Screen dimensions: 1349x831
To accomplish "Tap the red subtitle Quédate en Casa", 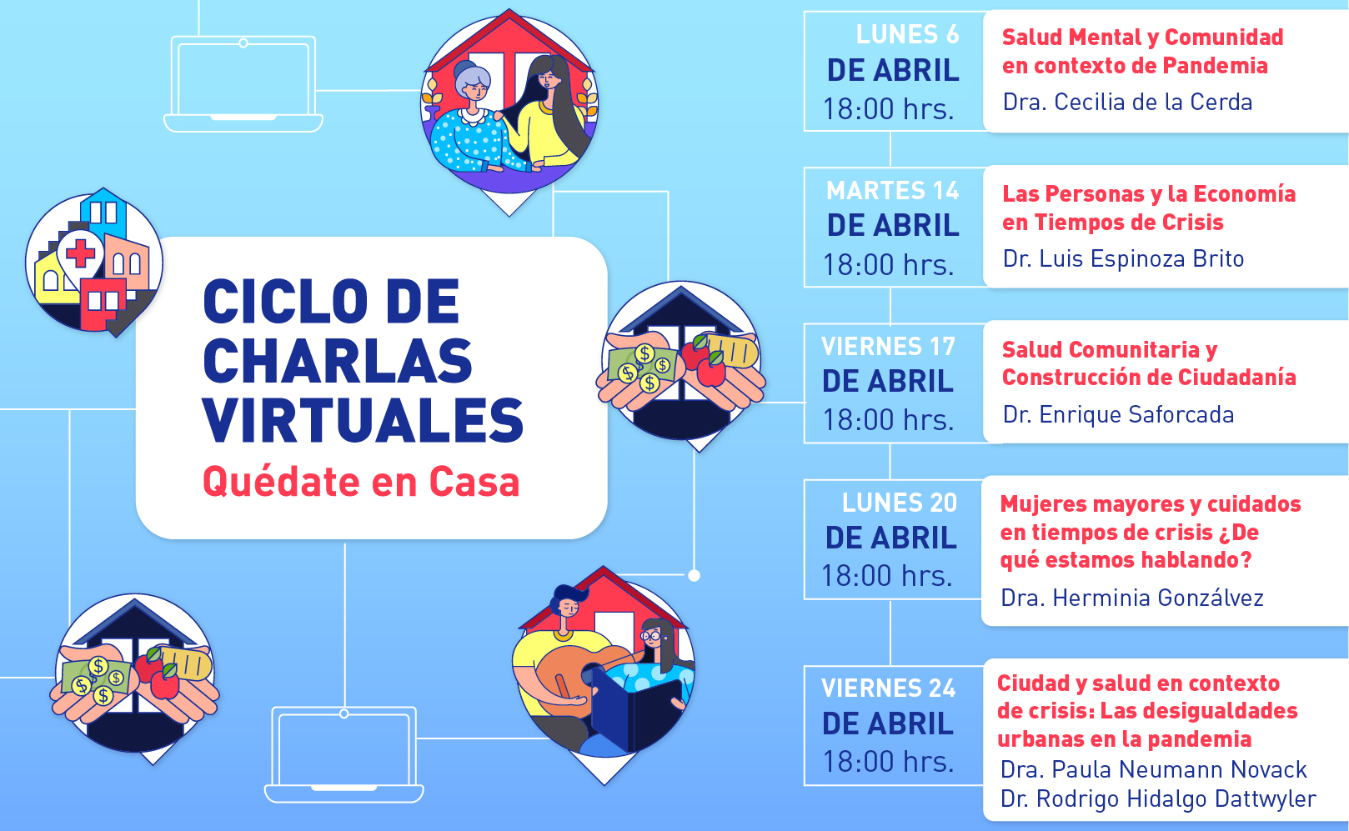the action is tap(361, 482).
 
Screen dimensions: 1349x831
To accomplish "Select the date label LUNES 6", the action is tap(907, 34).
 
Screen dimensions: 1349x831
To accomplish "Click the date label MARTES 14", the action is tap(892, 190).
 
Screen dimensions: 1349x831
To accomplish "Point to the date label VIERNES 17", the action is tap(888, 346).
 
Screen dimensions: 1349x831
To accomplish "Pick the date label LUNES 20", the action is tap(899, 503).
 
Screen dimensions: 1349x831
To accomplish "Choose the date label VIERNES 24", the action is tap(888, 688).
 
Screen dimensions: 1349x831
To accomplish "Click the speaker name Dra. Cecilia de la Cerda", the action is tap(1127, 102).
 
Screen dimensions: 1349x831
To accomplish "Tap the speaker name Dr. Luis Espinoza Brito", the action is tap(1123, 258).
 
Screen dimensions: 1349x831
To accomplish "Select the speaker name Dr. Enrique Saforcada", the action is tap(1118, 414).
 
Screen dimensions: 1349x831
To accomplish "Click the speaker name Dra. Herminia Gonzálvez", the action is tap(1132, 598).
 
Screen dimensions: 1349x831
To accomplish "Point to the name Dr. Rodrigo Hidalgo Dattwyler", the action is tap(1158, 798).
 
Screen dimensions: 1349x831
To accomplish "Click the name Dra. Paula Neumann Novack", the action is tap(1153, 769).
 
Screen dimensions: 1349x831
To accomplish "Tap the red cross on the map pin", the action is tap(81, 253).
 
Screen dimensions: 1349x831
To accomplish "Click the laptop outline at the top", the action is tap(243, 83).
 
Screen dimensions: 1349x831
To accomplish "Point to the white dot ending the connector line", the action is tap(694, 575).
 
